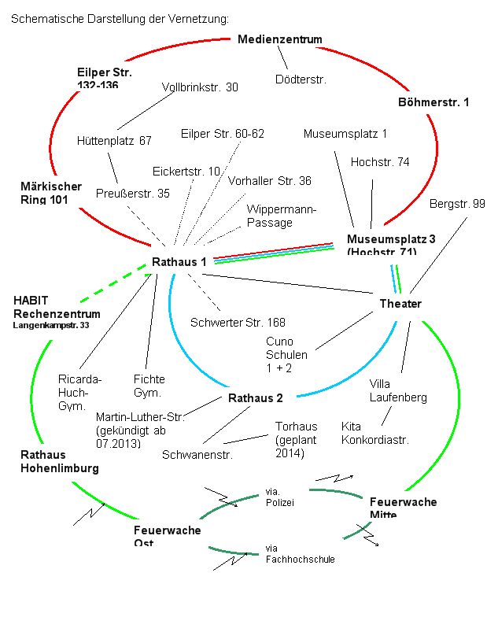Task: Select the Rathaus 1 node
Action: pyautogui.click(x=179, y=261)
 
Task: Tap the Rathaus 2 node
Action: pyautogui.click(x=255, y=397)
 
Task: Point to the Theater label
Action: pyautogui.click(x=400, y=304)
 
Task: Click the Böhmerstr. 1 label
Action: pyautogui.click(x=433, y=102)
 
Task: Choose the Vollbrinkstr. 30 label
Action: pyautogui.click(x=200, y=87)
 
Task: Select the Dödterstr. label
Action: pyautogui.click(x=301, y=79)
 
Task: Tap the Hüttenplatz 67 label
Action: pyautogui.click(x=115, y=142)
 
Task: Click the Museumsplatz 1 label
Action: pyautogui.click(x=345, y=134)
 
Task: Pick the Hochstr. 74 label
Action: pyautogui.click(x=380, y=162)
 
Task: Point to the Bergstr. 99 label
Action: pyautogui.click(x=457, y=204)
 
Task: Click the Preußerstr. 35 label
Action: pyautogui.click(x=133, y=194)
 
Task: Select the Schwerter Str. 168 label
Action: pyautogui.click(x=238, y=322)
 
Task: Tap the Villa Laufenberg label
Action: pyautogui.click(x=398, y=390)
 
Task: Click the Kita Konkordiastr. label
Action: pyautogui.click(x=375, y=433)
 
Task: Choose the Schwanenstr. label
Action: pyautogui.click(x=197, y=454)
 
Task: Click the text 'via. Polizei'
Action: pyautogui.click(x=280, y=497)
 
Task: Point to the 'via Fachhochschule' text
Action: pyautogui.click(x=300, y=554)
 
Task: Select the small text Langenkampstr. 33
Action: pyautogui.click(x=50, y=324)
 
